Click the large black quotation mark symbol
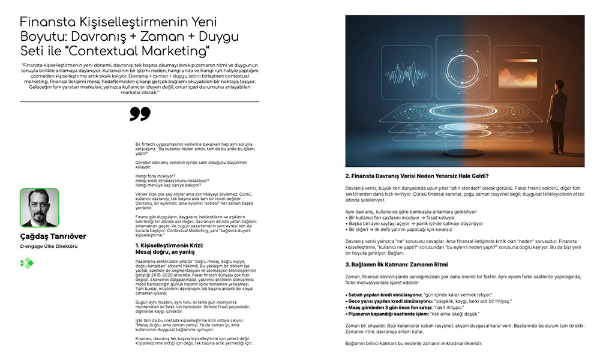[x=140, y=114]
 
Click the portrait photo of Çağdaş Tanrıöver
[x=40, y=208]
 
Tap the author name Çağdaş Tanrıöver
[x=53, y=236]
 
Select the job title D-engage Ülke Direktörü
[x=49, y=247]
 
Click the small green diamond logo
[x=26, y=262]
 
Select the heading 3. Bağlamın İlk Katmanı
[x=405, y=265]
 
